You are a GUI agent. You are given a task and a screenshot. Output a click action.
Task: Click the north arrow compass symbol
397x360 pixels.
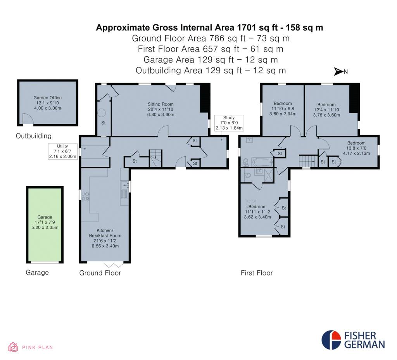341,72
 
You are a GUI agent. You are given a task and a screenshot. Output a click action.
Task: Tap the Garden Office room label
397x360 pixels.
48,103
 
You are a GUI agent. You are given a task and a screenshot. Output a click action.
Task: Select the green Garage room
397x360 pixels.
45,225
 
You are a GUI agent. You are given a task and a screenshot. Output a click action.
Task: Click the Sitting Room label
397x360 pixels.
161,109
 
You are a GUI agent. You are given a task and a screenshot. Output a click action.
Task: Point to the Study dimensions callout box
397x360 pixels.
229,123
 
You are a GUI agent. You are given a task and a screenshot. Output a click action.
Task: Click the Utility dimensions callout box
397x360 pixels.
62,152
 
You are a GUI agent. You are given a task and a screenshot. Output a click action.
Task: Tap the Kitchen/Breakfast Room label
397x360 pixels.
105,238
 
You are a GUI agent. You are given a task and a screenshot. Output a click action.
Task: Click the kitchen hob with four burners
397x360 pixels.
85,196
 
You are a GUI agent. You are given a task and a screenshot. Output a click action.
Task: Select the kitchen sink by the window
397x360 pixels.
124,185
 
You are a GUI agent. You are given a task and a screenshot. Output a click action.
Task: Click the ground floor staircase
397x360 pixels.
155,158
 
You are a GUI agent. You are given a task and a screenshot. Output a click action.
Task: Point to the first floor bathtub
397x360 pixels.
262,162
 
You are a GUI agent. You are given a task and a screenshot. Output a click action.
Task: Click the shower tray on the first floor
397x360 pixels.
269,175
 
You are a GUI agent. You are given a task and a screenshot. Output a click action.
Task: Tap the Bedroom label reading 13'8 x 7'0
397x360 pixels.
357,148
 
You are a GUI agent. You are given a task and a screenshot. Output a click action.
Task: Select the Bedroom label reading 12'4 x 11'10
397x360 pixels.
326,110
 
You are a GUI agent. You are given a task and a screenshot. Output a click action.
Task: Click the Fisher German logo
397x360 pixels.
353,340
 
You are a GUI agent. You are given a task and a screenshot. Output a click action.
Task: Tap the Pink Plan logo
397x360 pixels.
31,347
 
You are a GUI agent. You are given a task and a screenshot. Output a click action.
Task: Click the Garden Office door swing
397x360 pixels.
28,119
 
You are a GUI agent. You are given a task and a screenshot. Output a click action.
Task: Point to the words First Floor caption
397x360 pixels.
257,273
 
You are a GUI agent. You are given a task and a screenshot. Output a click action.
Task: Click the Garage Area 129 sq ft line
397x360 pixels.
211,60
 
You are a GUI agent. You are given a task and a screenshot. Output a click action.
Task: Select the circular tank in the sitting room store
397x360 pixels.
102,113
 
